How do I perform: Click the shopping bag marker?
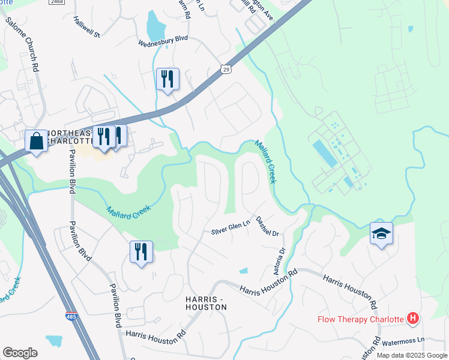(x=37, y=142)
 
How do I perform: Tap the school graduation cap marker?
(x=381, y=233)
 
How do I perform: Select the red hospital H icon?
(x=412, y=318)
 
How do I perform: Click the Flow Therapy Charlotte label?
(x=360, y=319)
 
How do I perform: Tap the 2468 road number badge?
(x=56, y=2)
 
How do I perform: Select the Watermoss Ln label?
(x=404, y=340)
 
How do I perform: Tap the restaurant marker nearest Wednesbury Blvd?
(x=167, y=79)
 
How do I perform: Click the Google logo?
(x=20, y=353)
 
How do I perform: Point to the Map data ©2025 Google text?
(x=411, y=355)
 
